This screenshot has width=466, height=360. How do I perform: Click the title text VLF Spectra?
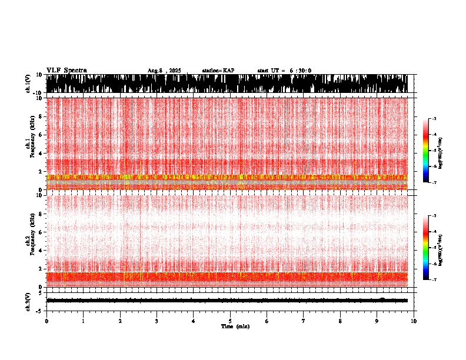pyautogui.click(x=66, y=71)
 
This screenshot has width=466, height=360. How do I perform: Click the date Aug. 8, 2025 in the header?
pyautogui.click(x=165, y=71)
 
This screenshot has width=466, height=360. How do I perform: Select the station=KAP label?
pyautogui.click(x=218, y=71)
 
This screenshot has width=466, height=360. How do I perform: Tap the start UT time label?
pyautogui.click(x=284, y=71)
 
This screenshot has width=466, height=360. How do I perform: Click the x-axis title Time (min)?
pyautogui.click(x=235, y=326)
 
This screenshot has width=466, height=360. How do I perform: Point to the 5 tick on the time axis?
pyautogui.click(x=230, y=321)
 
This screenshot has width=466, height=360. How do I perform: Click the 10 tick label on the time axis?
pyautogui.click(x=414, y=321)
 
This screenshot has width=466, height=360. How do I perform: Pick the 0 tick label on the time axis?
pyautogui.click(x=46, y=321)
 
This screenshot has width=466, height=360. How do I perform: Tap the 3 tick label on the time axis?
pyautogui.click(x=157, y=321)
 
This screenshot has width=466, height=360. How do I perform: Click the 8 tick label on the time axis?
pyautogui.click(x=340, y=321)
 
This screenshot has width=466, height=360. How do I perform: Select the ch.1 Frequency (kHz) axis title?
pyautogui.click(x=29, y=144)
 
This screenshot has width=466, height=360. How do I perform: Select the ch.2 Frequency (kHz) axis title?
pyautogui.click(x=29, y=241)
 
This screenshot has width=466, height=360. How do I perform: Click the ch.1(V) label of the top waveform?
pyautogui.click(x=28, y=84)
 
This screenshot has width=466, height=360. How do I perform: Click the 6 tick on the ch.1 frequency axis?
pyautogui.click(x=41, y=135)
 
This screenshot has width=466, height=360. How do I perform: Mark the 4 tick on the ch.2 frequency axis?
pyautogui.click(x=41, y=250)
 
